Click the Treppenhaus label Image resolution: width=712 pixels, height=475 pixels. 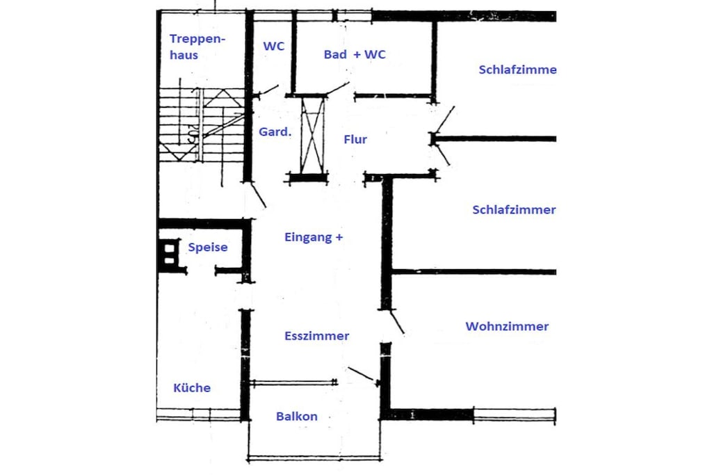[x=197, y=47]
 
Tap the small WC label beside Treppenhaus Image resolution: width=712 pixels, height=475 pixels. [x=274, y=46]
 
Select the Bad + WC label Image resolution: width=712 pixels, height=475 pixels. [x=355, y=54]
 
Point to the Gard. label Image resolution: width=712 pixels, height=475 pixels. [x=275, y=131]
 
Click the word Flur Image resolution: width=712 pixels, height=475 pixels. [x=355, y=139]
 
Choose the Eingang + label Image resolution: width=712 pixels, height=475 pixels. [x=314, y=237]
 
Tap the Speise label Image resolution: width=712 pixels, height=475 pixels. [x=207, y=248]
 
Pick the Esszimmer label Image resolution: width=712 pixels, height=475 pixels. [x=316, y=336]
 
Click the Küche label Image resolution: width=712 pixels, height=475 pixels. [x=192, y=388]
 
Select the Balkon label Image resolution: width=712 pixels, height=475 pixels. [x=296, y=417]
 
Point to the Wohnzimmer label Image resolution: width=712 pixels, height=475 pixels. [x=507, y=326]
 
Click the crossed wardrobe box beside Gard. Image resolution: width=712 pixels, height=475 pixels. [x=313, y=135]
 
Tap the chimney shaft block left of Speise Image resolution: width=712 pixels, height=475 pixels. [x=169, y=255]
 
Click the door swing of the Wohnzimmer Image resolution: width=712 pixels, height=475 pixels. [x=397, y=322]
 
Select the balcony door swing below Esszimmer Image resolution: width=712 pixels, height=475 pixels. [x=362, y=374]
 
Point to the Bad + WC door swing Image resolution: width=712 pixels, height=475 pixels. [x=337, y=88]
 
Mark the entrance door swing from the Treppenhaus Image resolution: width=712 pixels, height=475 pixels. [x=259, y=195]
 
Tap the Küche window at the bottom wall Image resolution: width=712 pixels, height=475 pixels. [x=198, y=414]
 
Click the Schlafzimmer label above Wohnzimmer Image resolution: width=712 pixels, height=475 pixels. [x=514, y=210]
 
